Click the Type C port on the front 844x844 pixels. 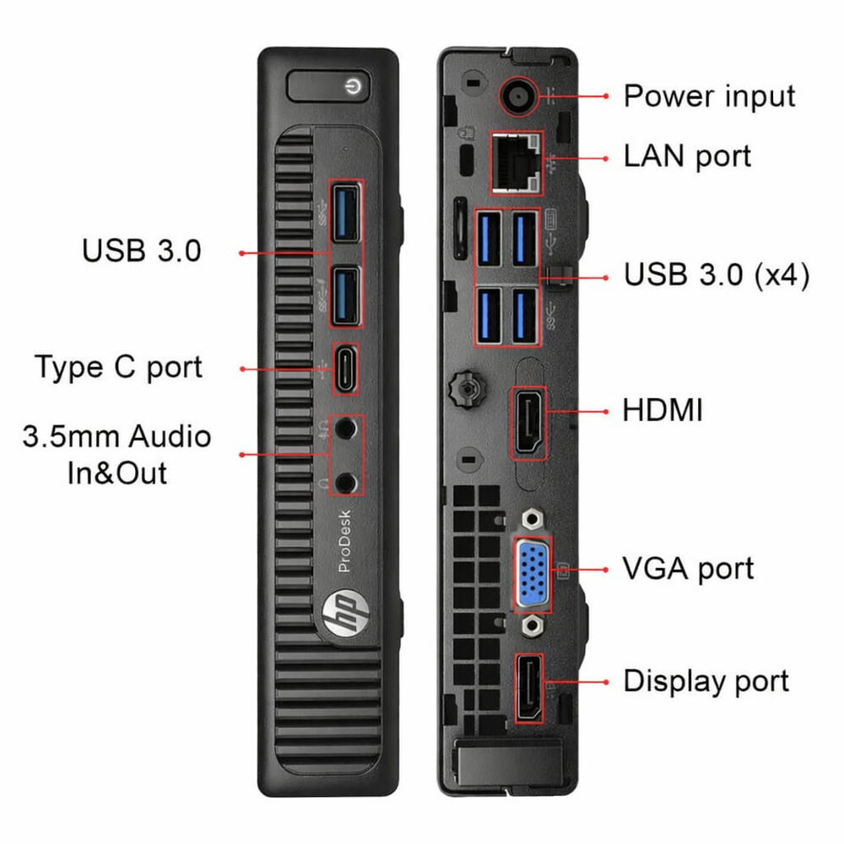tap(344, 368)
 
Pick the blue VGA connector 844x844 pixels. tap(533, 573)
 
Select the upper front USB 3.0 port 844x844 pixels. tap(344, 216)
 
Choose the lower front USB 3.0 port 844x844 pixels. tap(344, 292)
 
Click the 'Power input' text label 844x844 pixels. tap(709, 96)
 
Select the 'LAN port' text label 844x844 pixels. tap(687, 156)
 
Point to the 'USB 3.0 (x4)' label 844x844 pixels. tap(717, 276)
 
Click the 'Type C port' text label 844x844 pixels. tap(118, 368)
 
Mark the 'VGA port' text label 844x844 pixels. tap(688, 569)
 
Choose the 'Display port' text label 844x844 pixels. tap(706, 681)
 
